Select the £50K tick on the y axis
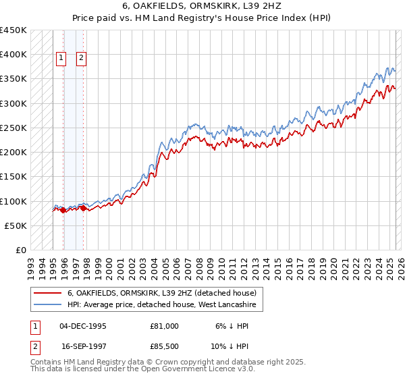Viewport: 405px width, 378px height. [16, 225]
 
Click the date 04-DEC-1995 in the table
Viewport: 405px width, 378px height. [83, 326]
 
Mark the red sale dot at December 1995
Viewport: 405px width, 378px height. [63, 211]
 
